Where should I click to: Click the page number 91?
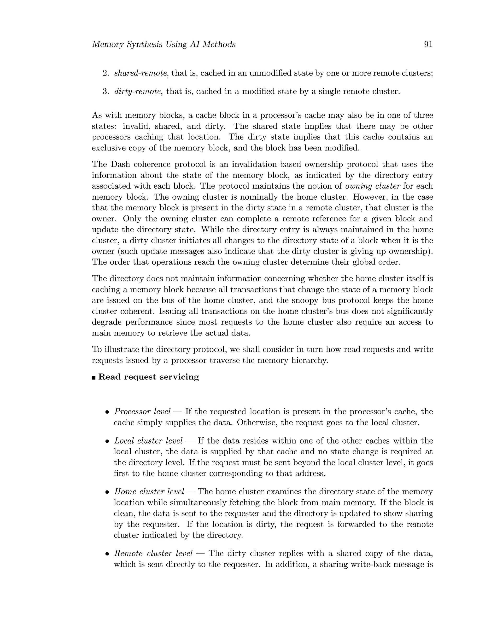(428, 45)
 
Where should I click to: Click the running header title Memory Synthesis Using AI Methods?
(164, 45)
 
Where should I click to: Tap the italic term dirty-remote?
(138, 91)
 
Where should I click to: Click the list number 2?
(105, 73)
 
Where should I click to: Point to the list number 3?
(105, 91)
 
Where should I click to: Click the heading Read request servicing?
(148, 377)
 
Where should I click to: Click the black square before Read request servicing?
(94, 378)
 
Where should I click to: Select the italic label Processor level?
(142, 411)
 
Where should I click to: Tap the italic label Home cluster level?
(149, 491)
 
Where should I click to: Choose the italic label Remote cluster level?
(153, 553)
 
